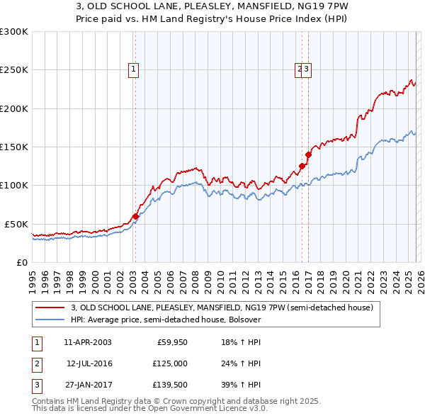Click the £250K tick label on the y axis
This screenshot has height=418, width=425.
[14, 70]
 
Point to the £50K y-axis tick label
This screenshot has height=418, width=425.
[16, 224]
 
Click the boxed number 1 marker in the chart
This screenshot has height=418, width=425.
[134, 69]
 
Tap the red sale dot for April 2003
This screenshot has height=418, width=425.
[135, 216]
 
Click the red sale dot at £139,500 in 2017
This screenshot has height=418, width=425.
[308, 154]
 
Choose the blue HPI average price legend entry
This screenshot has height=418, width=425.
[166, 320]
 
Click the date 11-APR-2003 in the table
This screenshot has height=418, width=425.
[87, 343]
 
